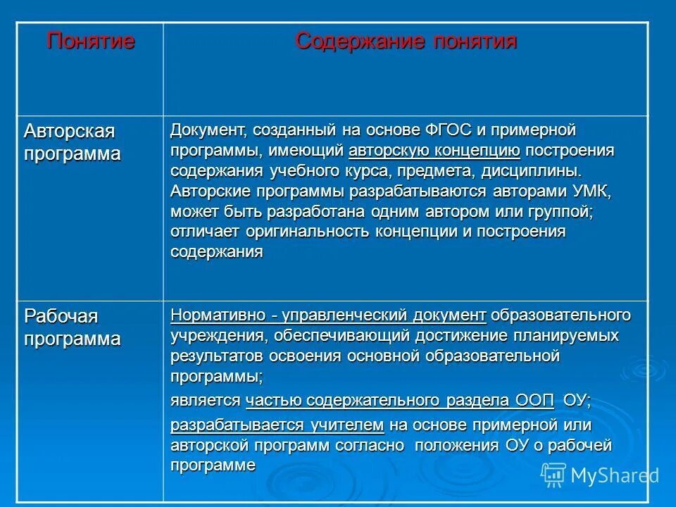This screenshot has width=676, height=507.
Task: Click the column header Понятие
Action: point(91,41)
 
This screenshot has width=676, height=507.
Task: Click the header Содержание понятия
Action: point(406,41)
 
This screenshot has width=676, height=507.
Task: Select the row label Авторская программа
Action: point(71,142)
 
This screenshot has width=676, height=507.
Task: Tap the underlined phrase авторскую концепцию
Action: point(434,151)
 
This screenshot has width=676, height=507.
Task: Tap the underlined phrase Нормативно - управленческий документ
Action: point(328,315)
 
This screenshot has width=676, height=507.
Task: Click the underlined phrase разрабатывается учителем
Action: point(277,425)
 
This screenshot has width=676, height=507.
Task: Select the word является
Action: point(206,401)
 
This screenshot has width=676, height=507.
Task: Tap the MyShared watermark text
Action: point(614,476)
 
